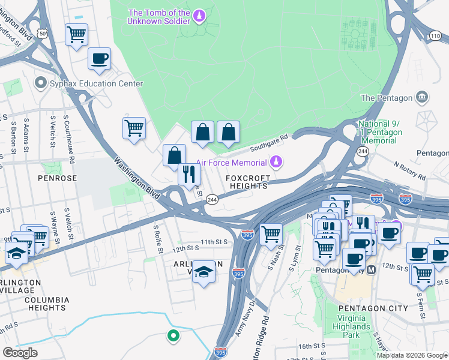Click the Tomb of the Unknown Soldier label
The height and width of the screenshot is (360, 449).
pyautogui.click(x=159, y=17)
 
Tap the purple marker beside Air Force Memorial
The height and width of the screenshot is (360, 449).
pyautogui.click(x=276, y=161)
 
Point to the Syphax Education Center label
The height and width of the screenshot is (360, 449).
pyautogui.click(x=96, y=83)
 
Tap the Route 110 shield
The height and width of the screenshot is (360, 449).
pyautogui.click(x=435, y=37)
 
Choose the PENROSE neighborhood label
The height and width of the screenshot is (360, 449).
pyautogui.click(x=57, y=178)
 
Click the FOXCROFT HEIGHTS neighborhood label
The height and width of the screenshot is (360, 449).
pyautogui.click(x=247, y=182)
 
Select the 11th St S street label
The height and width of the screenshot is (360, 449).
pyautogui.click(x=215, y=242)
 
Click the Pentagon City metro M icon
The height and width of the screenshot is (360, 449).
pyautogui.click(x=371, y=270)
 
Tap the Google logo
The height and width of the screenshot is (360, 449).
pyautogui.click(x=20, y=353)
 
